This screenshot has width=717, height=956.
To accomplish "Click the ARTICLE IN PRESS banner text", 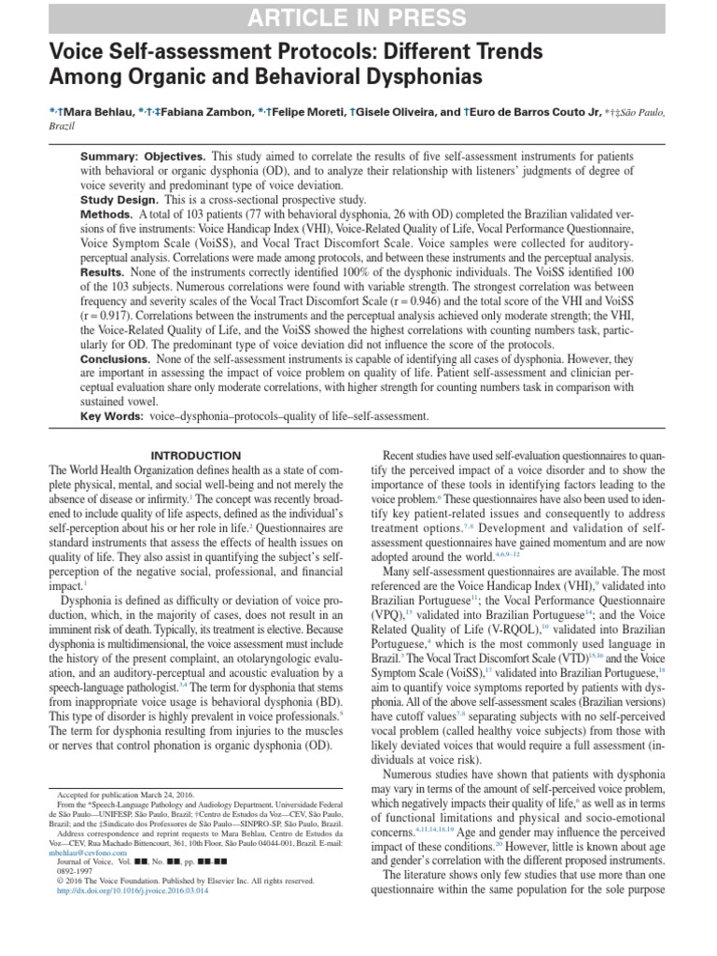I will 358,17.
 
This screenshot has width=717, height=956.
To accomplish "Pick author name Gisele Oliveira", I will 405,112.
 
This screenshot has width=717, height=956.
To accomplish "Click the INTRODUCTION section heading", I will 197,455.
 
